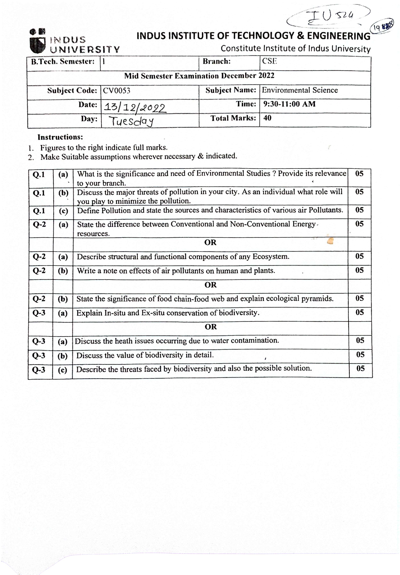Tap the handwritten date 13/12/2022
(135, 108)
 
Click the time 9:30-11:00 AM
(289, 104)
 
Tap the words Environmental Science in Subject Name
(300, 90)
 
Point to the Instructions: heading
(60, 137)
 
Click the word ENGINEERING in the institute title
(339, 36)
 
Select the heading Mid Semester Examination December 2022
(199, 76)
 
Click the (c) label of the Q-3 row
(62, 370)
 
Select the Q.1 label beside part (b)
(39, 193)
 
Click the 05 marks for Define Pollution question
(359, 210)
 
